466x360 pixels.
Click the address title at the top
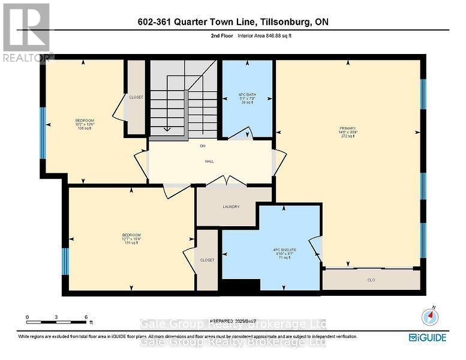click(x=233, y=22)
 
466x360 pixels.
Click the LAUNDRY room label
click(x=231, y=207)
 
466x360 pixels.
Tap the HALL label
click(x=210, y=161)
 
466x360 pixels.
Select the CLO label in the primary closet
click(x=370, y=280)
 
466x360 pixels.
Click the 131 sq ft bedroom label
click(x=131, y=238)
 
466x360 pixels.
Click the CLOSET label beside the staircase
click(x=136, y=97)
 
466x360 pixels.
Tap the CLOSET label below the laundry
click(x=207, y=260)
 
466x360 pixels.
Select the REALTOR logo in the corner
click(x=26, y=31)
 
